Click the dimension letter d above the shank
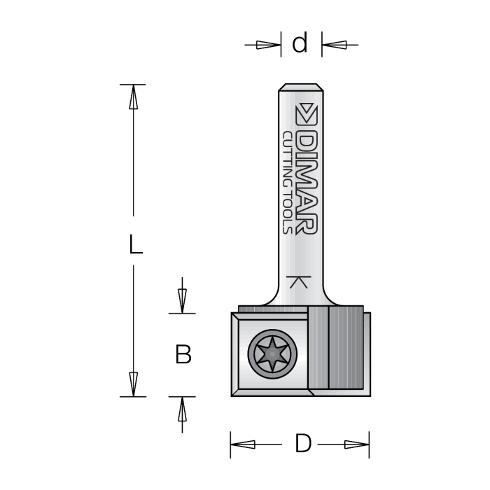click(300, 44)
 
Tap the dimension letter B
click(183, 355)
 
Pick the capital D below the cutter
click(302, 444)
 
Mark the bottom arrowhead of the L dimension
click(133, 384)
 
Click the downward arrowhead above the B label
click(182, 300)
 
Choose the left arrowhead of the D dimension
click(242, 444)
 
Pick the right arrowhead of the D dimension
click(356, 444)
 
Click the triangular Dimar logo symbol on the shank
click(307, 114)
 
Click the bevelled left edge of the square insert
click(235, 354)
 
